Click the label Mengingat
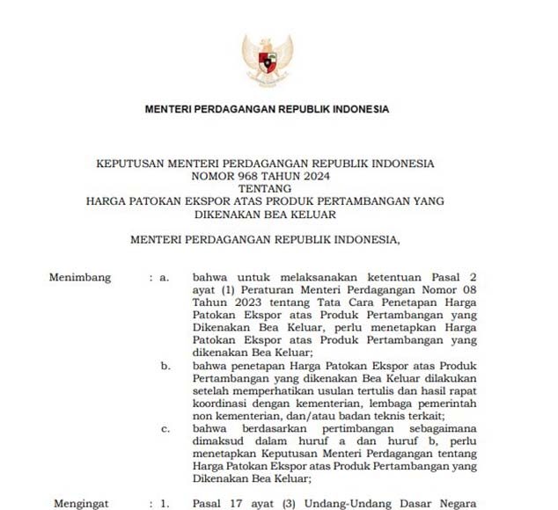(x=81, y=504)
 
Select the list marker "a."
(x=164, y=278)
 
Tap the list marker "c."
(x=165, y=428)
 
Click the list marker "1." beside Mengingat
(x=164, y=504)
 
